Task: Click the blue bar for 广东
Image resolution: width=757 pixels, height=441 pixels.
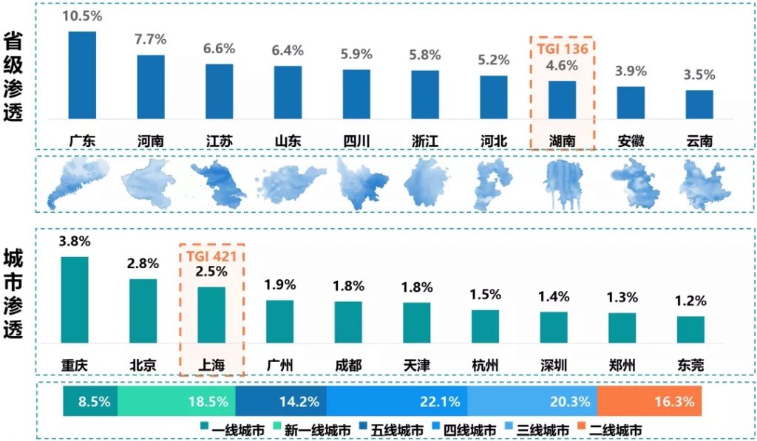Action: coord(82,75)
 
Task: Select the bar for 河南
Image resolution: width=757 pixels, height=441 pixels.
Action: coord(151,86)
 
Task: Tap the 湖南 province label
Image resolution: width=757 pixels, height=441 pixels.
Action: coord(562,140)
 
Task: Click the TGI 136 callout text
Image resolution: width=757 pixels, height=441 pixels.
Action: coord(563,49)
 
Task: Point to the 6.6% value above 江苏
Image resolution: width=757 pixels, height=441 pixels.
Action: coord(220,49)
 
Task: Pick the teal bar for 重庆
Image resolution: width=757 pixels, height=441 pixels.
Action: coord(75,299)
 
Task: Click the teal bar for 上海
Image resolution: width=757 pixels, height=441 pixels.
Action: coord(211,315)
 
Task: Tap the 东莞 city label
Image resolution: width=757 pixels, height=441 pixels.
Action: coord(690,364)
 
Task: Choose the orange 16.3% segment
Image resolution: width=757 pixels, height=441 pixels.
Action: coord(648,402)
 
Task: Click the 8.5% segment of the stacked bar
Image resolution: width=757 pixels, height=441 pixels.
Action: coord(90,402)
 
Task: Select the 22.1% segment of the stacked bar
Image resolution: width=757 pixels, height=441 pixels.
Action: coord(397,402)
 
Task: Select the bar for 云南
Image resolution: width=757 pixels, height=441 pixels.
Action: coord(699,104)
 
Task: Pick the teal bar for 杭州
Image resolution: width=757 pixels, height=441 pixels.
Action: coord(485,326)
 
